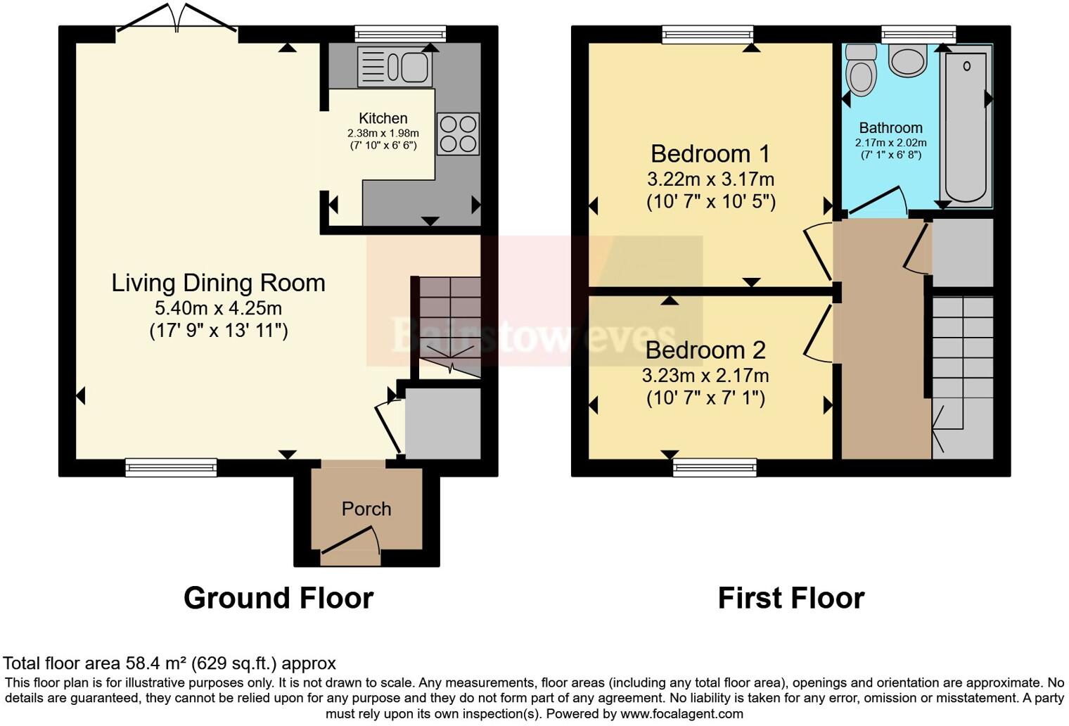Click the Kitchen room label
[383, 118]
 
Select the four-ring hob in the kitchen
[459, 134]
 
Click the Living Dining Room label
[218, 283]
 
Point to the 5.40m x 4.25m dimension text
[218, 308]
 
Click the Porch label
[366, 509]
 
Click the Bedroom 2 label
[705, 350]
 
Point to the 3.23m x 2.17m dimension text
[705, 376]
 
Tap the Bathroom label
[890, 128]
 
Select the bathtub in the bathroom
[966, 127]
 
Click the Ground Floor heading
[278, 598]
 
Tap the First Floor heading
[790, 598]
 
